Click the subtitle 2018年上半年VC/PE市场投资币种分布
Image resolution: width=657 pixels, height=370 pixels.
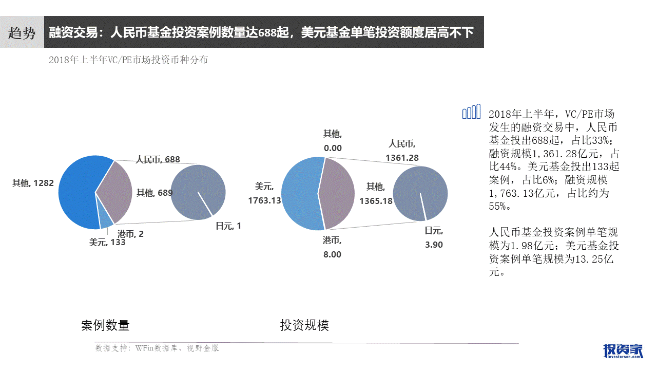coord(128,60)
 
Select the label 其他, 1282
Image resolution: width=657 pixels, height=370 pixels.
coord(33,182)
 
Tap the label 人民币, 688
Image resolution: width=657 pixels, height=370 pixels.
coord(158,160)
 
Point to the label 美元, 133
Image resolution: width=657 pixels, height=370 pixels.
coord(107,243)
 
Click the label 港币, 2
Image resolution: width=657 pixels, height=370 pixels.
coord(130,234)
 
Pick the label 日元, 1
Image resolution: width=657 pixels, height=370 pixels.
coord(228,226)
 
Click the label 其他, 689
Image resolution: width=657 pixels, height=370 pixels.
coord(154,193)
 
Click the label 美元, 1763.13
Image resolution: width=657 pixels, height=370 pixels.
coord(264,194)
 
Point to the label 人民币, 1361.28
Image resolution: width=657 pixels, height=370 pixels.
coord(403,151)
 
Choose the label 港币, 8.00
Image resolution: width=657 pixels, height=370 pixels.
coord(332,247)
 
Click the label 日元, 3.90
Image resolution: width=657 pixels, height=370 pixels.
coord(434,238)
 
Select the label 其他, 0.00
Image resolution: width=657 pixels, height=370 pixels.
coord(332,141)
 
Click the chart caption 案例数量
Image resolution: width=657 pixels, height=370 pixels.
coord(105,325)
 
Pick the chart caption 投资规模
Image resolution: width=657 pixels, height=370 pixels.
coord(304,325)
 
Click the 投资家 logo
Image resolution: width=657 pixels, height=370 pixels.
coord(623,350)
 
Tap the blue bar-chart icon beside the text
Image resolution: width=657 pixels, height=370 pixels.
coord(471,112)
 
